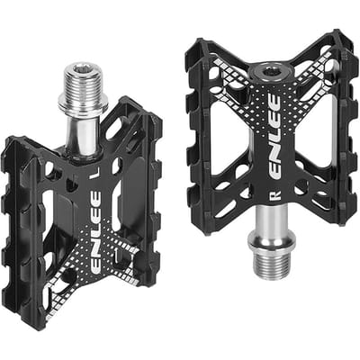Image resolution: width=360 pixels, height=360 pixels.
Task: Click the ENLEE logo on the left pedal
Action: click(95, 231)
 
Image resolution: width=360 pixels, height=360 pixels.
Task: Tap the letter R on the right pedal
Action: click(275, 195)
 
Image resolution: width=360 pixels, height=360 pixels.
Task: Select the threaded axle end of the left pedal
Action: click(82, 78)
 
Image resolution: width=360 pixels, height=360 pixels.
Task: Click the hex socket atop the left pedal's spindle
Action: click(83, 68)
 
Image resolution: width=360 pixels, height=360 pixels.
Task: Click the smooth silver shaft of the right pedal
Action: click(272, 220)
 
